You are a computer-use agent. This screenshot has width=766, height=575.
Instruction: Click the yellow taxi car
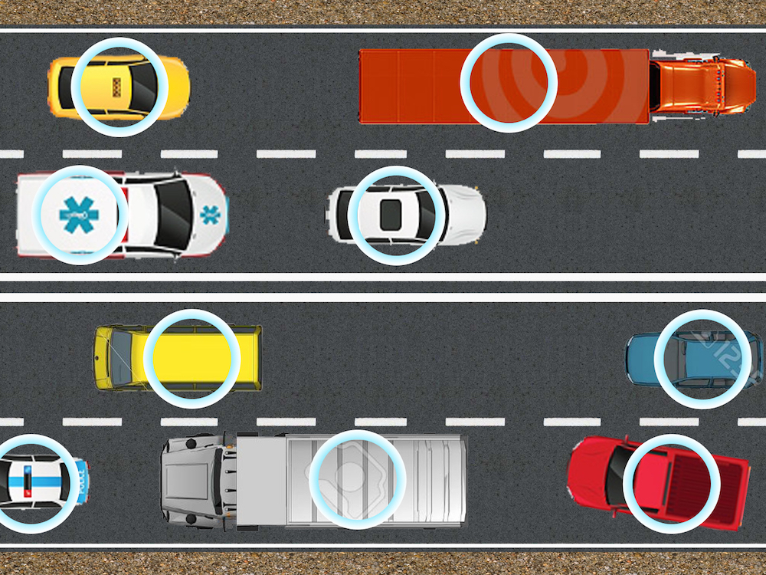point(118,87)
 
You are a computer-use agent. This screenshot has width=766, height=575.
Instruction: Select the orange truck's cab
point(701,87)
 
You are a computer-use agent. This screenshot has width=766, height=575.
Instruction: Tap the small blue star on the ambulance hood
point(209,215)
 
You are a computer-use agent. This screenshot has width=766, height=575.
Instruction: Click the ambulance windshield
point(174,215)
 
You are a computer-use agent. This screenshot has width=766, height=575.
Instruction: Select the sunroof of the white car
point(391,214)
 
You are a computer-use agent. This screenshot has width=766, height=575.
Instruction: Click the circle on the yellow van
point(191,358)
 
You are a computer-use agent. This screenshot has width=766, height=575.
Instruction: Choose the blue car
point(693,359)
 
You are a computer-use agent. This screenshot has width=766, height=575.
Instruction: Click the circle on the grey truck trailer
point(356,479)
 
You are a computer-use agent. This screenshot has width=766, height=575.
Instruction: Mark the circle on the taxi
point(119,87)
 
